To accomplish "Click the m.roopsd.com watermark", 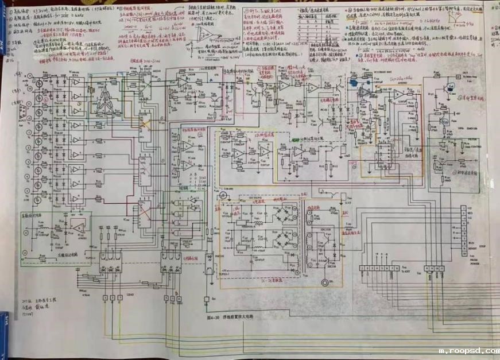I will pos(467,350).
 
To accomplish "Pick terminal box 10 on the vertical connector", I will pos(464,253).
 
